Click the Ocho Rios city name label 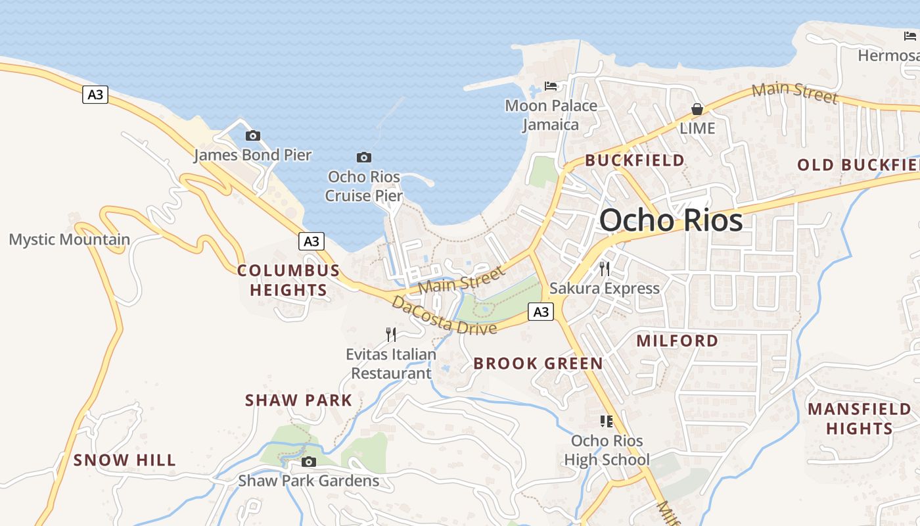pyautogui.click(x=671, y=220)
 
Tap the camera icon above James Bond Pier pyautogui.click(x=252, y=136)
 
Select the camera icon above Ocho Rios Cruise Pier pyautogui.click(x=363, y=157)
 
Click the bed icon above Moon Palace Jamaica pyautogui.click(x=551, y=86)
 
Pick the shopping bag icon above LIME pyautogui.click(x=697, y=109)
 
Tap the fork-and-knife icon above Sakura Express pyautogui.click(x=604, y=268)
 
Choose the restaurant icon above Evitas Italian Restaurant pyautogui.click(x=391, y=335)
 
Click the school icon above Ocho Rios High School pyautogui.click(x=606, y=421)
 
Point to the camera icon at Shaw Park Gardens pyautogui.click(x=308, y=462)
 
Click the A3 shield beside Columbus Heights pyautogui.click(x=311, y=241)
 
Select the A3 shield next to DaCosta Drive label pyautogui.click(x=540, y=312)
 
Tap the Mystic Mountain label pyautogui.click(x=69, y=239)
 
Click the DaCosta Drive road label pyautogui.click(x=444, y=316)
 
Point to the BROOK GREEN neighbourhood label pyautogui.click(x=538, y=364)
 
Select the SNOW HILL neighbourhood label pyautogui.click(x=124, y=460)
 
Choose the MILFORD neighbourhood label pyautogui.click(x=677, y=341)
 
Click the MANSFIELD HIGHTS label pyautogui.click(x=859, y=419)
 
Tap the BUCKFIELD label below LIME pyautogui.click(x=634, y=160)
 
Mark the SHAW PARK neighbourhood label pyautogui.click(x=298, y=400)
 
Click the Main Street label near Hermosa pyautogui.click(x=795, y=93)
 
